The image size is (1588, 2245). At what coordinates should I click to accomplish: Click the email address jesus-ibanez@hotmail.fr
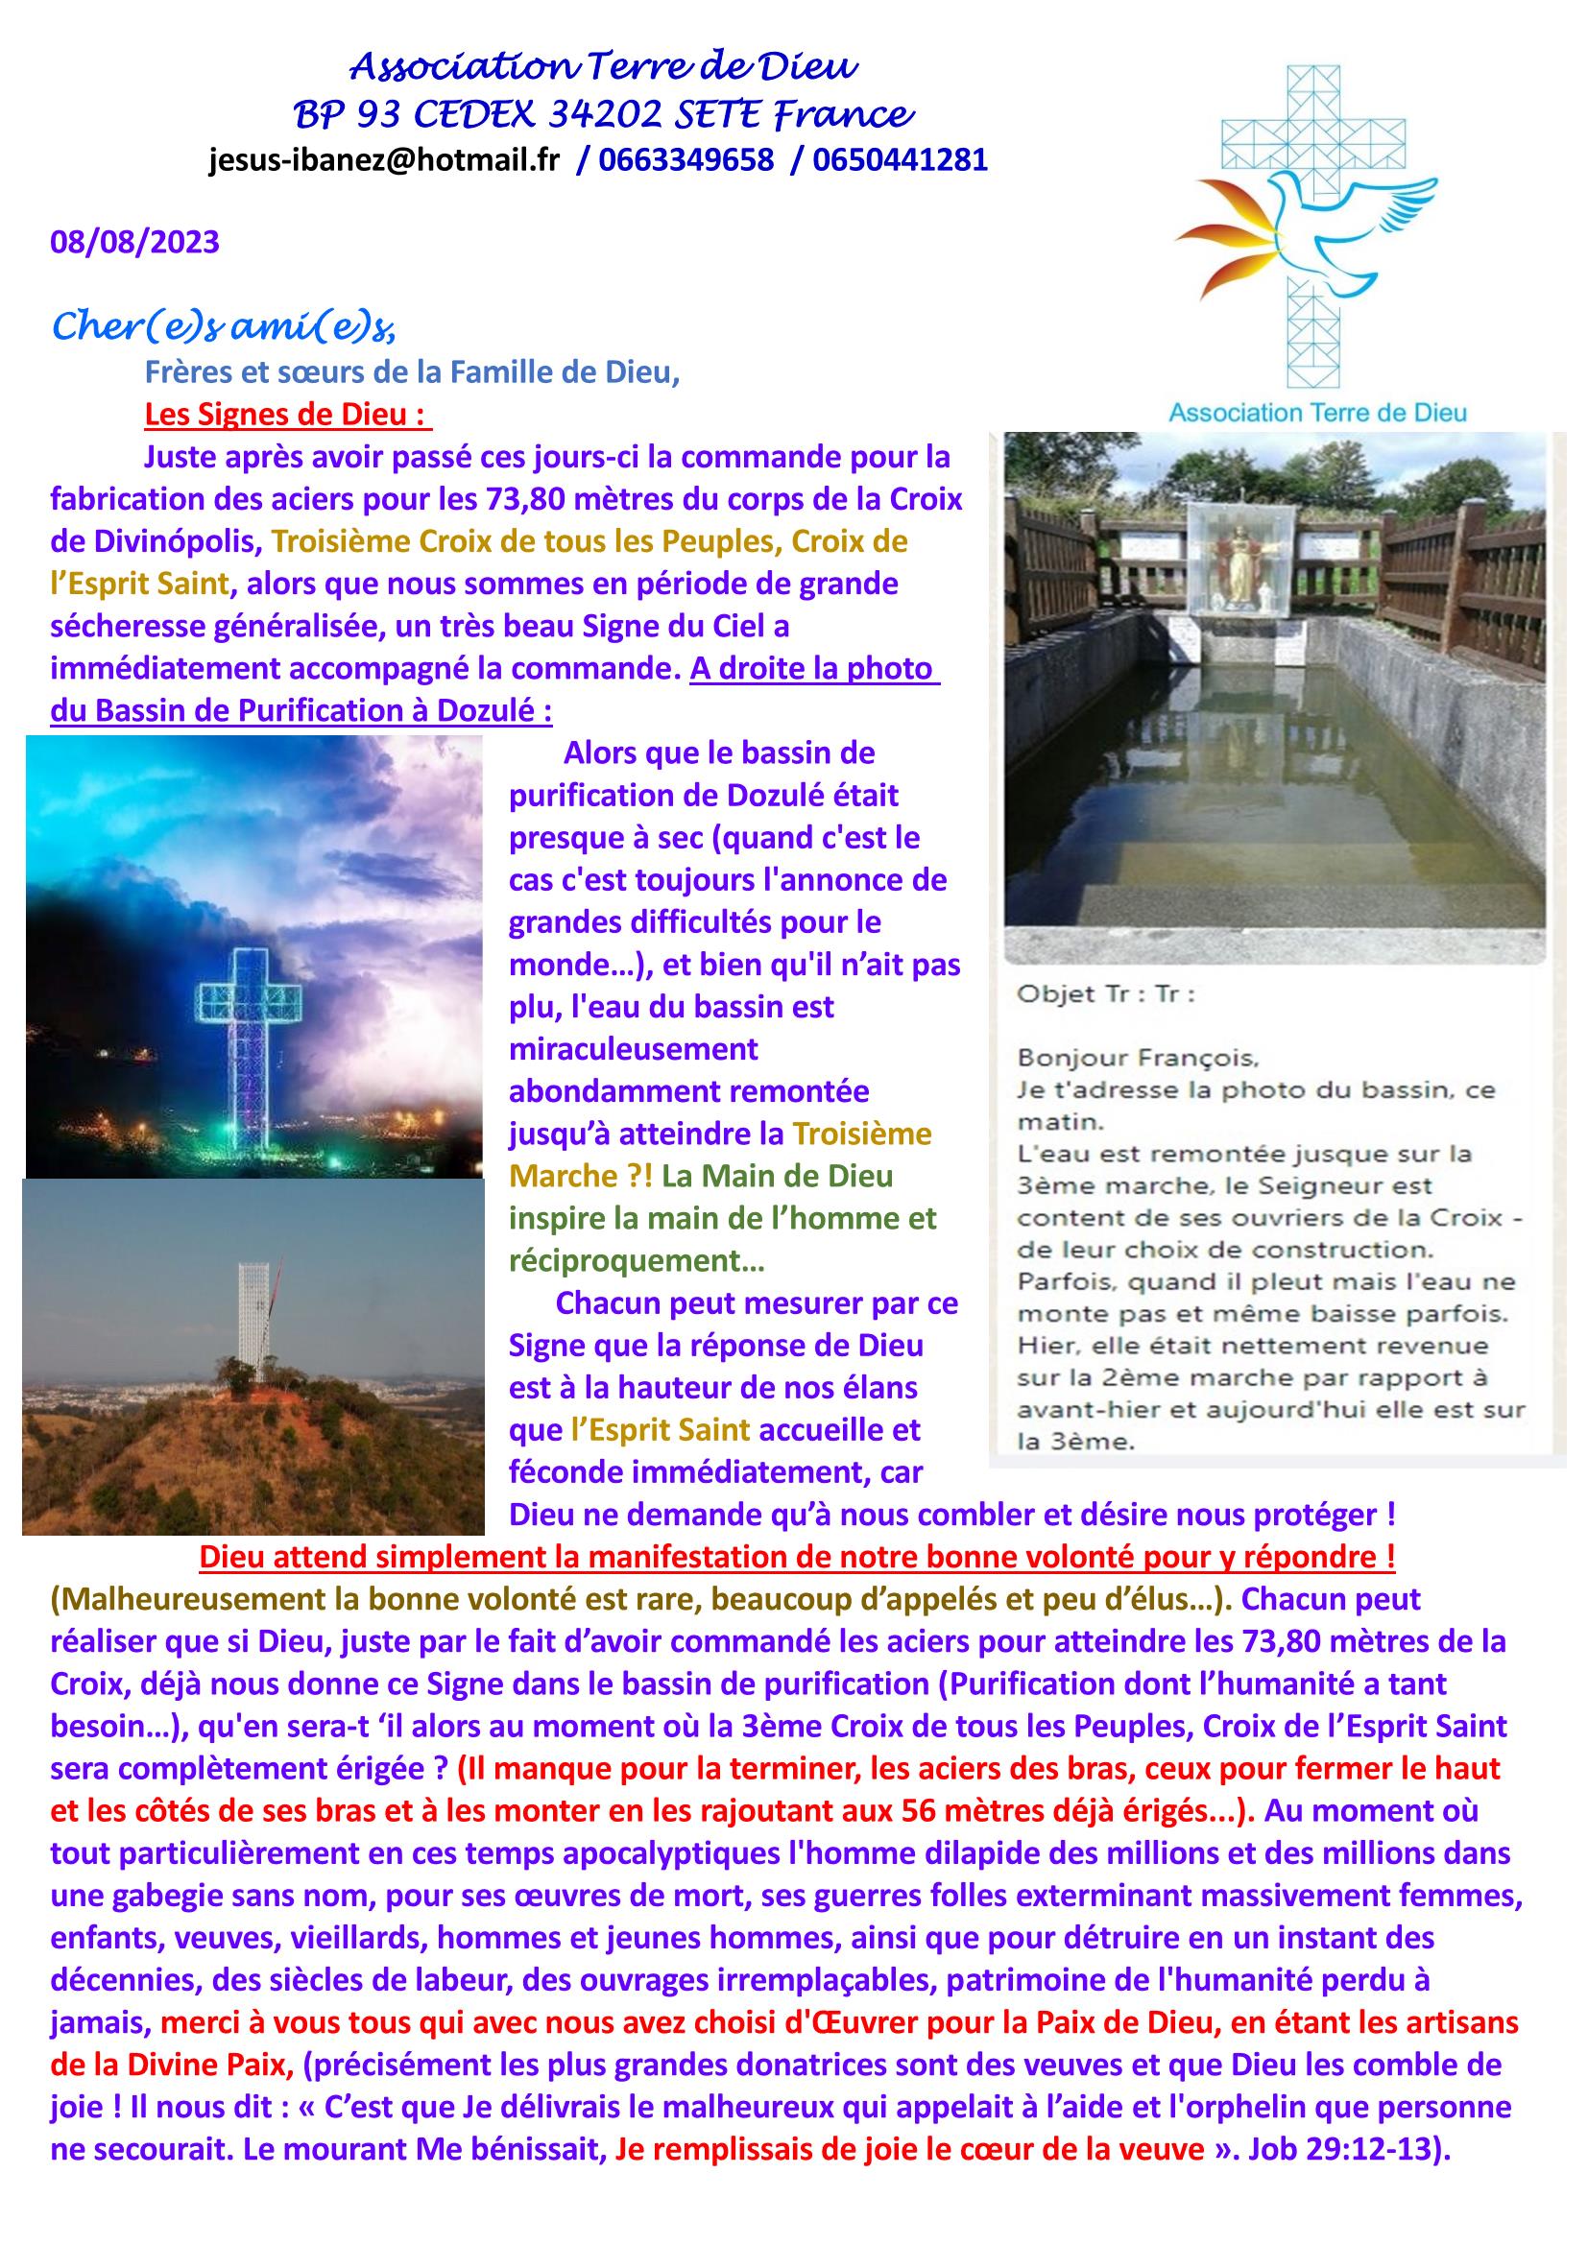point(383,160)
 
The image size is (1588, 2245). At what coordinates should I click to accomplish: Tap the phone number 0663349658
point(686,160)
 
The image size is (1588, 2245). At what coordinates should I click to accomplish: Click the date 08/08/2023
point(135,242)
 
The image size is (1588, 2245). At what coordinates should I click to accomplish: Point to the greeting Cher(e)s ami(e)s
point(223,326)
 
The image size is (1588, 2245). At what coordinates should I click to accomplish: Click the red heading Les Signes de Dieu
point(287,415)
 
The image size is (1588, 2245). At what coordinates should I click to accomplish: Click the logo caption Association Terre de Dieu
point(1317,413)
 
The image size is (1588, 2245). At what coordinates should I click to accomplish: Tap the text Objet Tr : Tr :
point(1106,994)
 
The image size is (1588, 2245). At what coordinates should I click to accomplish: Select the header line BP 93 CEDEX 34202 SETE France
point(603,115)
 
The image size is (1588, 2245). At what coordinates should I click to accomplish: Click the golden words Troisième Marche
point(720,1155)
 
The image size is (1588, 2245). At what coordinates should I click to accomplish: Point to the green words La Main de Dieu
point(777,1176)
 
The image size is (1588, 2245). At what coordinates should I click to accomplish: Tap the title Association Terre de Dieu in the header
point(603,66)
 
